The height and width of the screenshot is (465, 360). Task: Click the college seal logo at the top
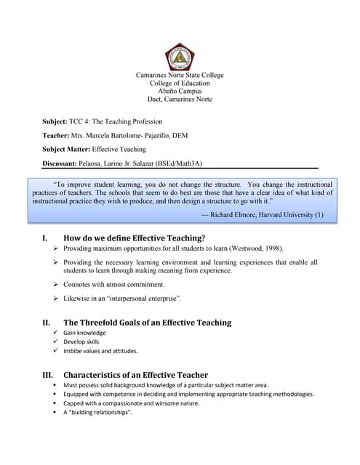click(x=180, y=56)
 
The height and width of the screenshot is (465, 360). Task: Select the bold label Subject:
click(x=55, y=121)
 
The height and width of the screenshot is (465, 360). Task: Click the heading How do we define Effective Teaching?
click(x=135, y=238)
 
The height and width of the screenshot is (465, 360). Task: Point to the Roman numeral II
click(x=46, y=323)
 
